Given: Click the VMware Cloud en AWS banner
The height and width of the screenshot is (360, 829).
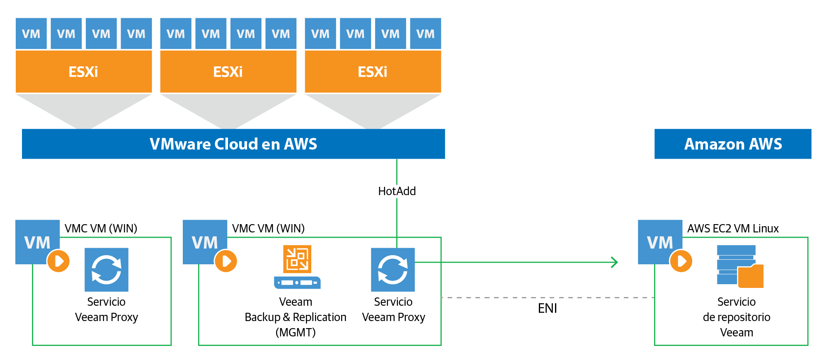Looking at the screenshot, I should point(233,144).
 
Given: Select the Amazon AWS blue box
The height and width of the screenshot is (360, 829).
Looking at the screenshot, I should point(732,144).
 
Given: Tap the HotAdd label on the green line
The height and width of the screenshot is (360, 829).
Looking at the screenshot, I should point(397,191).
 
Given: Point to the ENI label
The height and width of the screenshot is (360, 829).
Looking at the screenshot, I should point(547,308).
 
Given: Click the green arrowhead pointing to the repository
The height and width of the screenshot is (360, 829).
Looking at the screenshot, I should point(615,262).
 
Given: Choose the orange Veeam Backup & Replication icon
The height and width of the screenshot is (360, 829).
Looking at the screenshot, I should point(297,259).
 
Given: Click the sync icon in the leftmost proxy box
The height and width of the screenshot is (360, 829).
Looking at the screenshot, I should point(107,270).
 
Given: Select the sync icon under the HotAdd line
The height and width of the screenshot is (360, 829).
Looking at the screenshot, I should point(393,270).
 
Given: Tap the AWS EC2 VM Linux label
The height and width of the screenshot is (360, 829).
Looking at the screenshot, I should point(733,228).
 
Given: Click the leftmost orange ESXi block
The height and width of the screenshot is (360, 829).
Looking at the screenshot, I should point(84,72).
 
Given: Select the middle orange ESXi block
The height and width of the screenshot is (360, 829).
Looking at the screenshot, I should point(228,72).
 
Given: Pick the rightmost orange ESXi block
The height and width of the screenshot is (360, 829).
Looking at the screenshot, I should point(373,72).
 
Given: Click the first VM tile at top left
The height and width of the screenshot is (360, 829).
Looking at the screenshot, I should point(31,34).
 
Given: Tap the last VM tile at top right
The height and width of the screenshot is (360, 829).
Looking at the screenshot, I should point(425,34).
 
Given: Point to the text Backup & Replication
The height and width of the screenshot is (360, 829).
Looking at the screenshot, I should point(295,317).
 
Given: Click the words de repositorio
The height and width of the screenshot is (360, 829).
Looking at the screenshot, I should point(736,317).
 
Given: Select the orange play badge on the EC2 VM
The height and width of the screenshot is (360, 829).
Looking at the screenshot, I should point(681,261).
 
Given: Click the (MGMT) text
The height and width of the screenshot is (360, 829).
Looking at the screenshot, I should point(295,332).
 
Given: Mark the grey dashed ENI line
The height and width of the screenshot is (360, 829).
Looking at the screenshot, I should point(497,297).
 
